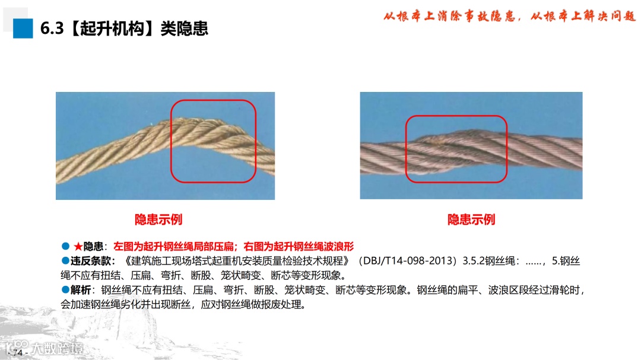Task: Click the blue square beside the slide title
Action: coord(23,28)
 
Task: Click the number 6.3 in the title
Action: coord(52,28)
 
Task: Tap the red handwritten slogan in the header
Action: coord(509,16)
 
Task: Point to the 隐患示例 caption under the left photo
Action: coord(158,219)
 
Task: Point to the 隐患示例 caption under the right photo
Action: coord(471,219)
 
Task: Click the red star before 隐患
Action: coord(78,246)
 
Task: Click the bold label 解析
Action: coord(81,290)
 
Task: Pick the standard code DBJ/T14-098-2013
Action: coord(409,261)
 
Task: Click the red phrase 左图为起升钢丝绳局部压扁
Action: coord(174,246)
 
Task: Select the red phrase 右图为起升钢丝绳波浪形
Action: coord(299,246)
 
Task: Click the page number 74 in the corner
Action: coord(18,352)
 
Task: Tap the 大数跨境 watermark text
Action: coord(58,349)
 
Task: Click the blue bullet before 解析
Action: coord(65,289)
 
